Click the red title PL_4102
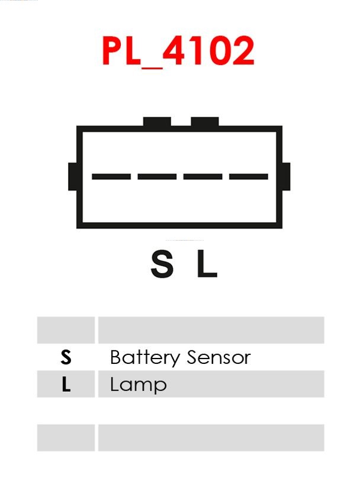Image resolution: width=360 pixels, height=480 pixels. (178, 52)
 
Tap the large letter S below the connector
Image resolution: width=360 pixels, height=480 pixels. (162, 264)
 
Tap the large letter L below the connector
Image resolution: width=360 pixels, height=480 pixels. (207, 264)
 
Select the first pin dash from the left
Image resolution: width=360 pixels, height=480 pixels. (111, 177)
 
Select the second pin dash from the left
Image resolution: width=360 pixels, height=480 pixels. (157, 177)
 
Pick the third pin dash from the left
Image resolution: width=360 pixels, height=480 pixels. (202, 177)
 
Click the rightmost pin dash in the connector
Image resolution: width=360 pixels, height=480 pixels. (249, 177)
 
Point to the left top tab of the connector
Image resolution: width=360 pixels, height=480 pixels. (157, 122)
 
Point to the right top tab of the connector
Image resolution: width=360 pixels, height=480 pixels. (205, 122)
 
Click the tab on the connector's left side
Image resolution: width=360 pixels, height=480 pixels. (73, 177)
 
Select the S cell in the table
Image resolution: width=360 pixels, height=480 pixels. (66, 357)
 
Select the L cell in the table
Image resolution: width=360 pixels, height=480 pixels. (66, 385)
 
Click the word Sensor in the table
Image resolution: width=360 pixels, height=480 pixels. (218, 357)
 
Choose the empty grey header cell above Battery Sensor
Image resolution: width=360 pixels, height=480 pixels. (211, 330)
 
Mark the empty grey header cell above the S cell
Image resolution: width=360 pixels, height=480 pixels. (66, 330)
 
